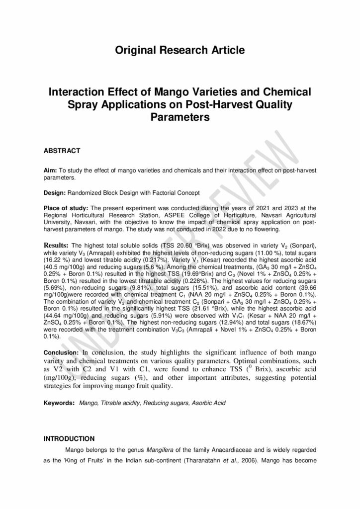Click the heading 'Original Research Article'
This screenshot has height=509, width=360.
(x=180, y=50)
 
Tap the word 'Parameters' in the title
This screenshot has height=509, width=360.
(x=180, y=118)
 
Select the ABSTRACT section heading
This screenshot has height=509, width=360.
(x=62, y=150)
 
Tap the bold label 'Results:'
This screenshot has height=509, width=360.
(x=57, y=245)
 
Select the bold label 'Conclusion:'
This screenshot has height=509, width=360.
(x=62, y=352)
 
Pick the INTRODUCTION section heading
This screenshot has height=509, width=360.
(x=69, y=438)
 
